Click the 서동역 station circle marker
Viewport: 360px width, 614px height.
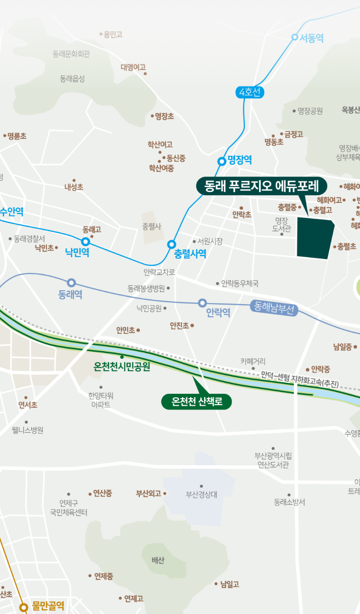295,37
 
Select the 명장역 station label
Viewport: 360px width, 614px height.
240,160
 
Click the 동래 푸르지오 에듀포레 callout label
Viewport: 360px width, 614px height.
261,186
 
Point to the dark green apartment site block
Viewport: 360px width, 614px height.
314,238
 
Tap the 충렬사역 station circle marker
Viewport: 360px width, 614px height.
171,245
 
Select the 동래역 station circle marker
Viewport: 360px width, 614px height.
72,283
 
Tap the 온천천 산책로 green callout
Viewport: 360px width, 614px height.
196,401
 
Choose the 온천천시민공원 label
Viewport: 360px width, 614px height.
122,367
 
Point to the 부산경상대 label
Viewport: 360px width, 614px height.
202,495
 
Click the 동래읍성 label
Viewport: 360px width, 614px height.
72,79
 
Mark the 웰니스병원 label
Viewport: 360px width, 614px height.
28,430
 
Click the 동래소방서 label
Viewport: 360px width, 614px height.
289,502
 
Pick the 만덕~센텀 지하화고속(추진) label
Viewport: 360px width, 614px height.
300,379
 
